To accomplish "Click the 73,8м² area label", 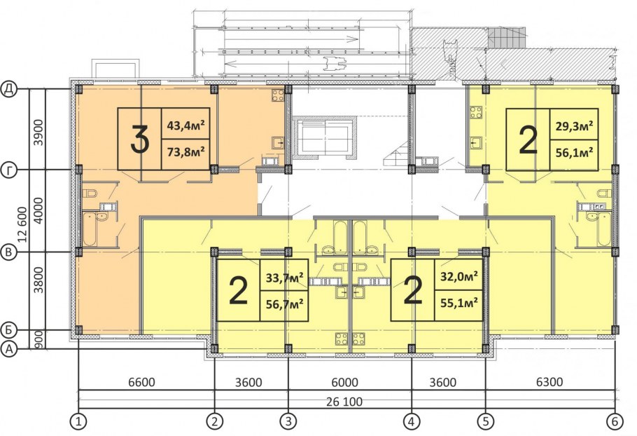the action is (185, 153).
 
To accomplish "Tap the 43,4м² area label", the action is (185, 125).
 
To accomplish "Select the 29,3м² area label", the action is (574, 125).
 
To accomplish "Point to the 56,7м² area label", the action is (284, 304).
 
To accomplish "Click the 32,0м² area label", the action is (459, 276).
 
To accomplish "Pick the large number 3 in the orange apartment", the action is (140, 139).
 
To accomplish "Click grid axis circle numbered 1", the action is (79, 422).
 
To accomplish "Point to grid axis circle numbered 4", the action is (412, 422).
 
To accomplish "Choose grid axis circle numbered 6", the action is (615, 422).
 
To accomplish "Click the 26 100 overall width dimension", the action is (344, 402).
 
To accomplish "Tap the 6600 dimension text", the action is (141, 382).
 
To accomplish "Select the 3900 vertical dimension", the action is (38, 132).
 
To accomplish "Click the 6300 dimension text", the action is (549, 382).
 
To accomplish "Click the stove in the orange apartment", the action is (278, 95).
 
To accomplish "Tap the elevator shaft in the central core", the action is (323, 138).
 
